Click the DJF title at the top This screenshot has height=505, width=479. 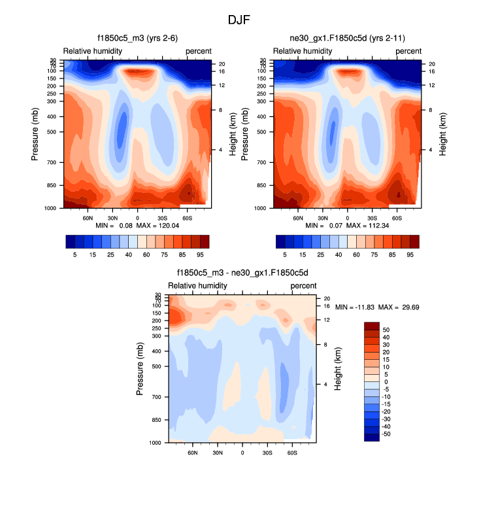pos(239,20)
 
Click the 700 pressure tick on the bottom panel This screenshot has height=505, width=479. pos(157,397)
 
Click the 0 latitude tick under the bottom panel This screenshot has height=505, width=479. pos(242,452)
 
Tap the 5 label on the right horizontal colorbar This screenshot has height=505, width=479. pos(286,253)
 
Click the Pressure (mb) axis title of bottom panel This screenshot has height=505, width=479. pos(140,369)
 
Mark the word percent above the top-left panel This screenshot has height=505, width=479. pos(199,51)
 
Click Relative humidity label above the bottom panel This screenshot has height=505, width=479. pos(198,286)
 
